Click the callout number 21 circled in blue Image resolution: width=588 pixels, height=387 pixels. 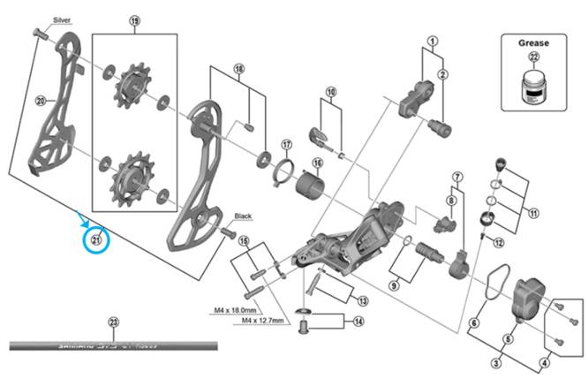(x=96, y=238)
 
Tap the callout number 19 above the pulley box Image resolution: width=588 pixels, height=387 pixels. (x=135, y=20)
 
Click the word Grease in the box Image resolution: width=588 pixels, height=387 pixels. (x=532, y=42)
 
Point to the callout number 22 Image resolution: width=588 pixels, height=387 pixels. (x=532, y=57)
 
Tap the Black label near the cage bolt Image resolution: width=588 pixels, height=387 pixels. (x=244, y=216)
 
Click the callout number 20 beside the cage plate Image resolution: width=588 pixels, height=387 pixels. (x=40, y=102)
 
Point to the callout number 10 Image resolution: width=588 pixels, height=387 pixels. (x=331, y=92)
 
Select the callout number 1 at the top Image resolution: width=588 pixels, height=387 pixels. (x=433, y=41)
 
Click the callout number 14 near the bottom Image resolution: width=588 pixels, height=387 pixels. (x=358, y=321)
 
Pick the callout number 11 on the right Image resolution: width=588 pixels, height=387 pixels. (x=532, y=213)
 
